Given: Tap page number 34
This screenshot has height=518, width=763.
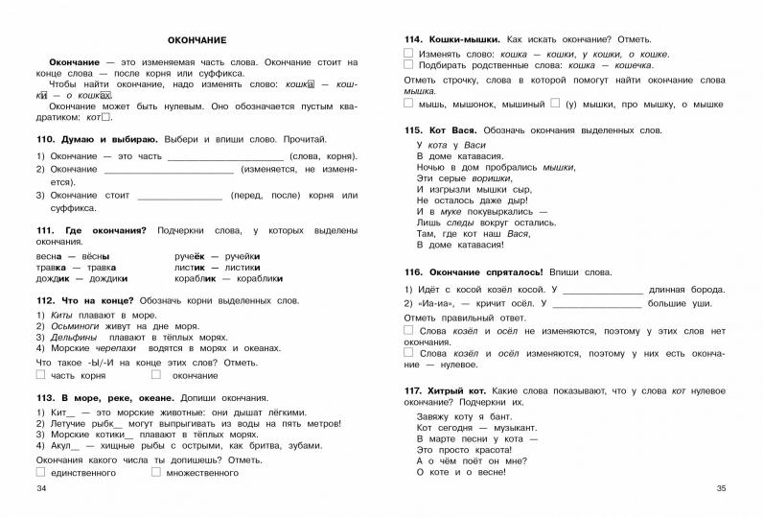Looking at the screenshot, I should pyautogui.click(x=40, y=491).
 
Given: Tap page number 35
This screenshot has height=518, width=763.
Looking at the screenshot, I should pyautogui.click(x=722, y=491).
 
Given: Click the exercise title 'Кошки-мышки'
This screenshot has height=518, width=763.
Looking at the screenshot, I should pyautogui.click(x=451, y=39).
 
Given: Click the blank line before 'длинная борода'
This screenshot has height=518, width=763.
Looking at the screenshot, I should pyautogui.click(x=601, y=290).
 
